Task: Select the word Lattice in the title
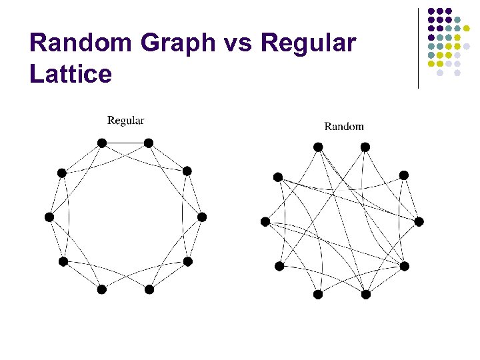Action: coord(71,73)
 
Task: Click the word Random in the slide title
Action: coord(79,43)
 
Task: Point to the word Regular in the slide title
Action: coord(309,43)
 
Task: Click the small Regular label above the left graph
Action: coord(126,121)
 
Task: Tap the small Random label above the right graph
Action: coord(344,126)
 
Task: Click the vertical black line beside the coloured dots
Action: coord(418,48)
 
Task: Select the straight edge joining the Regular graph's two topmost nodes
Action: coord(125,143)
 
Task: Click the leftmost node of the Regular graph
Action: coord(49,217)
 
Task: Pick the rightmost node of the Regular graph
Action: coord(202,217)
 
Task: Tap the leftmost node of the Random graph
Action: coord(265,221)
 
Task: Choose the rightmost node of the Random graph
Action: coord(419,221)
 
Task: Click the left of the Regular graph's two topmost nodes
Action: coord(102,143)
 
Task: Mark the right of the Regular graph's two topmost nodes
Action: coord(149,143)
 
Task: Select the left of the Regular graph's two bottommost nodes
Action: coord(102,289)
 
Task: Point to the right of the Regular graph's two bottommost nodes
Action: coord(149,289)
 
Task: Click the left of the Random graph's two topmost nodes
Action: coord(318,147)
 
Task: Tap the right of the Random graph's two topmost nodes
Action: coord(365,147)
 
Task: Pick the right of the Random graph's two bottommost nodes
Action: coord(365,294)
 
